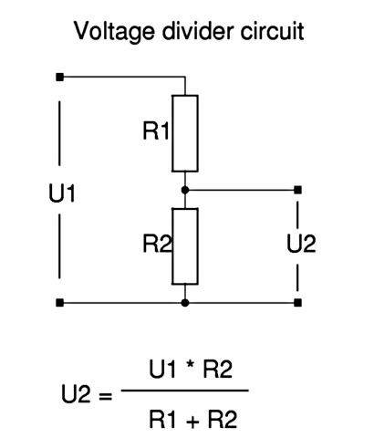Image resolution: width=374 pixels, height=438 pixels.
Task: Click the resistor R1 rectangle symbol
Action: [185, 133]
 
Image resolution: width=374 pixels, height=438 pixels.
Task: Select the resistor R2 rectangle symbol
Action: [185, 246]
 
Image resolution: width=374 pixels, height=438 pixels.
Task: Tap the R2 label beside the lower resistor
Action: [156, 245]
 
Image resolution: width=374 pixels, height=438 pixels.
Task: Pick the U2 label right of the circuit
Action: [300, 245]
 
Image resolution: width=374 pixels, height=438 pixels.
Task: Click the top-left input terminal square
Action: [60, 78]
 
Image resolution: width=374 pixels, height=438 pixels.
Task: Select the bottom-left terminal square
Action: [60, 302]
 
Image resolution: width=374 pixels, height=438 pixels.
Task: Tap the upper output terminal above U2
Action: [299, 190]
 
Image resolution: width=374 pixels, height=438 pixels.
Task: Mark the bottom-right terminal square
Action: [299, 302]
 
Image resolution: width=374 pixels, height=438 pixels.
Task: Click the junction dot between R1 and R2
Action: [185, 190]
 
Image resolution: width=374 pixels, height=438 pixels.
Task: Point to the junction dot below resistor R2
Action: [185, 302]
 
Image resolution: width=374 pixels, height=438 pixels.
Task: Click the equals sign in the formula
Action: [104, 397]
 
